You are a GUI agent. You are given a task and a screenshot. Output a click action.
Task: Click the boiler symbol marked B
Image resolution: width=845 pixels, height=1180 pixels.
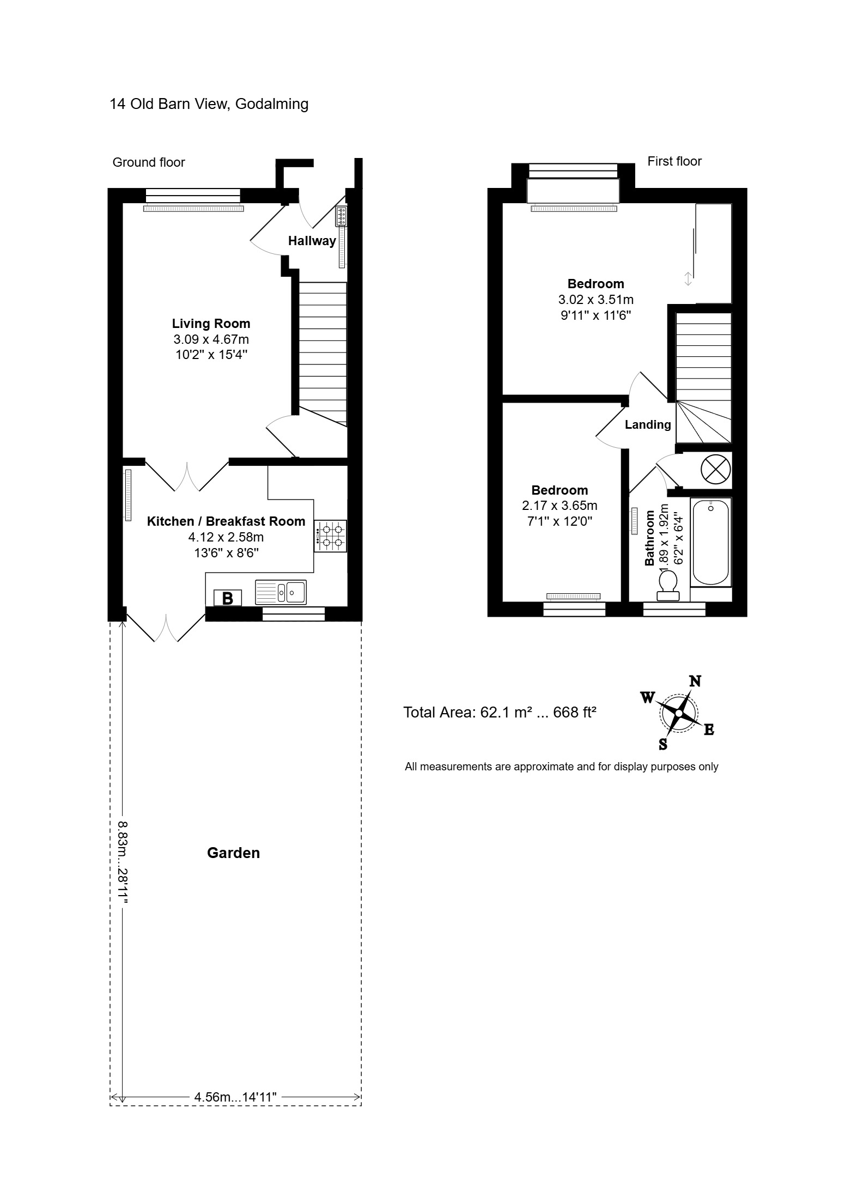point(228,598)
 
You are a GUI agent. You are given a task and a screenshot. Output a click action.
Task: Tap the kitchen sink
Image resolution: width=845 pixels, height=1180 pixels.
point(281,592)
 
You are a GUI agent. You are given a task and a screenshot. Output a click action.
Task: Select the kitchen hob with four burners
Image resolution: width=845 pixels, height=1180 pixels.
point(331,536)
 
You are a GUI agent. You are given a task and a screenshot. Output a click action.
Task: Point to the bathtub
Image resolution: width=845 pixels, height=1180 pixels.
point(710,542)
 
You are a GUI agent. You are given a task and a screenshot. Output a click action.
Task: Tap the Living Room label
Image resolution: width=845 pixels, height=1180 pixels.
point(211,324)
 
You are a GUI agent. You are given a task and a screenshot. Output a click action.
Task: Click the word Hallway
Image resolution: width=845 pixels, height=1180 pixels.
point(312,241)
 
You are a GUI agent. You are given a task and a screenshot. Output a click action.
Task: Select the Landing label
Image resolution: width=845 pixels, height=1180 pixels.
point(648,424)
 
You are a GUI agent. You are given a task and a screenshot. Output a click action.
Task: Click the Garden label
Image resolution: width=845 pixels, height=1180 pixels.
point(233,853)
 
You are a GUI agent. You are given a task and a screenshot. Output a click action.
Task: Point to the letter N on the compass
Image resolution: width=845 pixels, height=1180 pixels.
point(695,681)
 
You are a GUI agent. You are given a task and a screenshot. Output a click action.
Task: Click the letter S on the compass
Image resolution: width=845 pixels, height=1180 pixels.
point(663,744)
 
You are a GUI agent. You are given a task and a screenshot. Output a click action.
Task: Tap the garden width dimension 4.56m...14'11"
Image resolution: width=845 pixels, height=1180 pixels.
point(236,1097)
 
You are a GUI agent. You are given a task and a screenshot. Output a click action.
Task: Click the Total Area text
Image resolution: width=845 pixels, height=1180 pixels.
point(500,712)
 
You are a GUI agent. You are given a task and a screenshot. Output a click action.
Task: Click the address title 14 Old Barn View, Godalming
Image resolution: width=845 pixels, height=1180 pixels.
point(209,104)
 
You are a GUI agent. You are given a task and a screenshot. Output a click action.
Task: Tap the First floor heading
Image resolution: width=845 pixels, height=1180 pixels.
point(674,161)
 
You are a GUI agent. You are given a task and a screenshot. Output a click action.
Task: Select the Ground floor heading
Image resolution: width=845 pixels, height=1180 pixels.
point(149,162)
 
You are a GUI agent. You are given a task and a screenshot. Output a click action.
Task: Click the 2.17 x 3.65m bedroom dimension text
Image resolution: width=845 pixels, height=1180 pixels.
point(560,506)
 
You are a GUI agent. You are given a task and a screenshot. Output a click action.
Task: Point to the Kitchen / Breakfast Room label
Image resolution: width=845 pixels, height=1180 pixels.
point(226,521)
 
